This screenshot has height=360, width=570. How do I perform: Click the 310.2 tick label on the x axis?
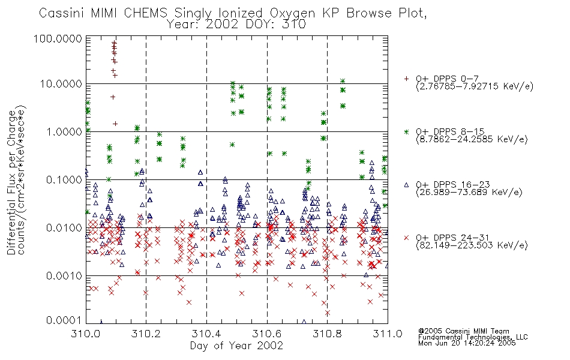tap(146, 333)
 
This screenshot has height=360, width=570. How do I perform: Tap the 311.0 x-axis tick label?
tap(388, 333)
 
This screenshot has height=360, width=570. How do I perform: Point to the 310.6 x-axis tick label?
tap(267, 333)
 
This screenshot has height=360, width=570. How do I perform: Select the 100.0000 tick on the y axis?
tap(58, 38)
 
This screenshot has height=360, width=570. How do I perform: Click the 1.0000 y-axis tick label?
tap(64, 131)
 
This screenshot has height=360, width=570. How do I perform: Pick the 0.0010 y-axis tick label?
tap(64, 275)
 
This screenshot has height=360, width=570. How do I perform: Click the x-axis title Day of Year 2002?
tap(236, 346)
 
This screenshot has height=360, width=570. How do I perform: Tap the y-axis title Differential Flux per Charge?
tap(12, 182)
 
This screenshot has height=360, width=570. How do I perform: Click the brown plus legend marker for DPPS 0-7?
tap(406, 79)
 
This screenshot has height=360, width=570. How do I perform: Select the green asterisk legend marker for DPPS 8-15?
tap(406, 131)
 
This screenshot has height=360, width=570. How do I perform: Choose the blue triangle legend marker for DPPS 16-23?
tap(406, 185)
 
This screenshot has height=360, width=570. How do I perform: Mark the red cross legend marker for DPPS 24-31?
tap(406, 238)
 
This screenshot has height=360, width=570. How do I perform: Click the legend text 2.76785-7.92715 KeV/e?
tap(475, 86)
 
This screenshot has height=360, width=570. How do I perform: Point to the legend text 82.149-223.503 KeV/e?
tap(472, 245)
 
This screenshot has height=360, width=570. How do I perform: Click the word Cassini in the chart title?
tap(62, 13)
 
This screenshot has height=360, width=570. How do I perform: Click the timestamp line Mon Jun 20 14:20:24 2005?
tap(467, 343)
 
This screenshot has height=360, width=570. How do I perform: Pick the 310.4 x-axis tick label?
tap(206, 333)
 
